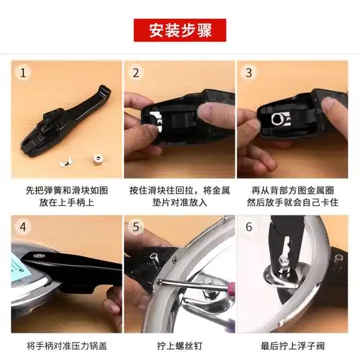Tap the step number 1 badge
[x=24, y=73]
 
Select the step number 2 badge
[x=135, y=73]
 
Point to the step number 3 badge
[x=248, y=73]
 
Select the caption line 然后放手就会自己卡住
[x=292, y=203]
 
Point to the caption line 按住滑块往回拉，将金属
[x=179, y=190]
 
